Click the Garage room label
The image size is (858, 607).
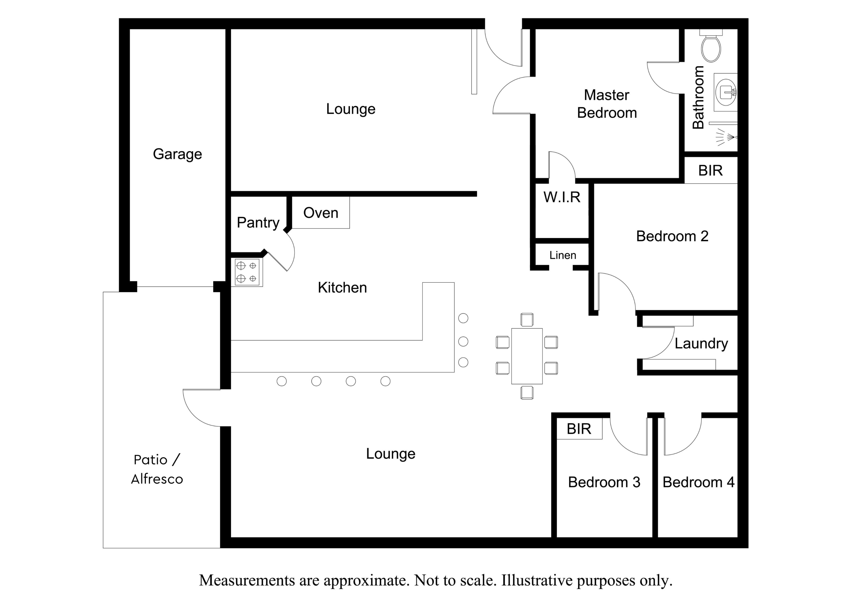point(177,154)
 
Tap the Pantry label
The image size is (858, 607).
point(258,223)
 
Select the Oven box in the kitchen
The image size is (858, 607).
point(321,212)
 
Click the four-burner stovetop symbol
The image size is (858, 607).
point(247,272)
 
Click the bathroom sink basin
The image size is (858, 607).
point(725,92)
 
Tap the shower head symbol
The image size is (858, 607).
point(726,137)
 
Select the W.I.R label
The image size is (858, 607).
point(562,197)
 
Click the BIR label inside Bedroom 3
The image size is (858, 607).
point(579,429)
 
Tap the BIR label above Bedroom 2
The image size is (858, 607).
point(710,171)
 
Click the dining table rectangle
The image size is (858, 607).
point(527,356)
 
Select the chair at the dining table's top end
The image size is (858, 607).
point(527,320)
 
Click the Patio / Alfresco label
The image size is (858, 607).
point(157,469)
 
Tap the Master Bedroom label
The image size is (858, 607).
point(607,104)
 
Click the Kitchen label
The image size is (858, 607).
point(342,288)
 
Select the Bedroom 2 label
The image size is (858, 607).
point(672,236)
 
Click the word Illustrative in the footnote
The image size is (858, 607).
point(537,580)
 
